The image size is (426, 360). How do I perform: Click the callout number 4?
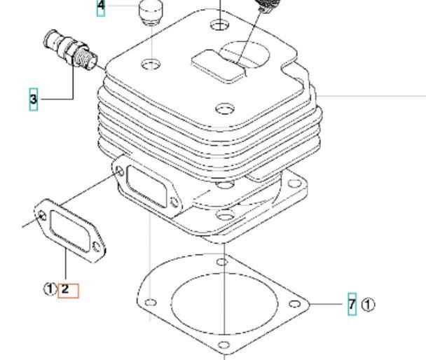(x=101, y=6)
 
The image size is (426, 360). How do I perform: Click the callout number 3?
(x=33, y=99)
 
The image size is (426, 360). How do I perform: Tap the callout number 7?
(x=352, y=304)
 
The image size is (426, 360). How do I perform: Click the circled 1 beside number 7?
(x=368, y=305)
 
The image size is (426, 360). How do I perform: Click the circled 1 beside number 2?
(x=50, y=289)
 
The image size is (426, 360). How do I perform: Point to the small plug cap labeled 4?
(x=151, y=12)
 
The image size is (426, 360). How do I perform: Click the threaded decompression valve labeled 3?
(x=70, y=50)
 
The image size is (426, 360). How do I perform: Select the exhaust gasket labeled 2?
(x=70, y=230)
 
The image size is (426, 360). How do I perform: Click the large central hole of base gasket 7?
(x=225, y=303)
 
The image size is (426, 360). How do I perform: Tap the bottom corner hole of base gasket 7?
(x=224, y=345)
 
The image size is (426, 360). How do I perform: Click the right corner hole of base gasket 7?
(x=294, y=303)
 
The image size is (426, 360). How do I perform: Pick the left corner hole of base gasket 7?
(x=151, y=302)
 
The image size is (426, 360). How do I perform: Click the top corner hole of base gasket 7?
(x=221, y=262)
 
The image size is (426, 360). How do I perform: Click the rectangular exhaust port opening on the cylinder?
(x=146, y=186)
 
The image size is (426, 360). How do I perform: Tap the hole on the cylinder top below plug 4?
(x=151, y=64)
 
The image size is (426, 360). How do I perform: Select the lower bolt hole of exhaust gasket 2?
(x=97, y=247)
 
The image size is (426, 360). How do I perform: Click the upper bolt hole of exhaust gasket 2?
(x=42, y=216)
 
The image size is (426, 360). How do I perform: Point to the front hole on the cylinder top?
(x=225, y=109)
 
